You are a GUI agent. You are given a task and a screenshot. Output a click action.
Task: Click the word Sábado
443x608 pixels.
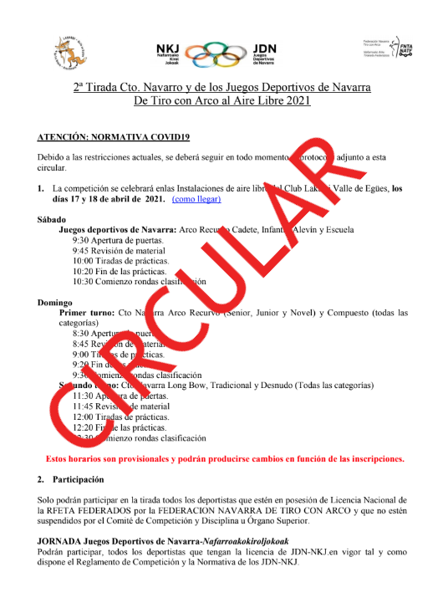click(x=53, y=219)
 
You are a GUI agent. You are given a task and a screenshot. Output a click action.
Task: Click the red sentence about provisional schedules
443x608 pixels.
click(x=225, y=458)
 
